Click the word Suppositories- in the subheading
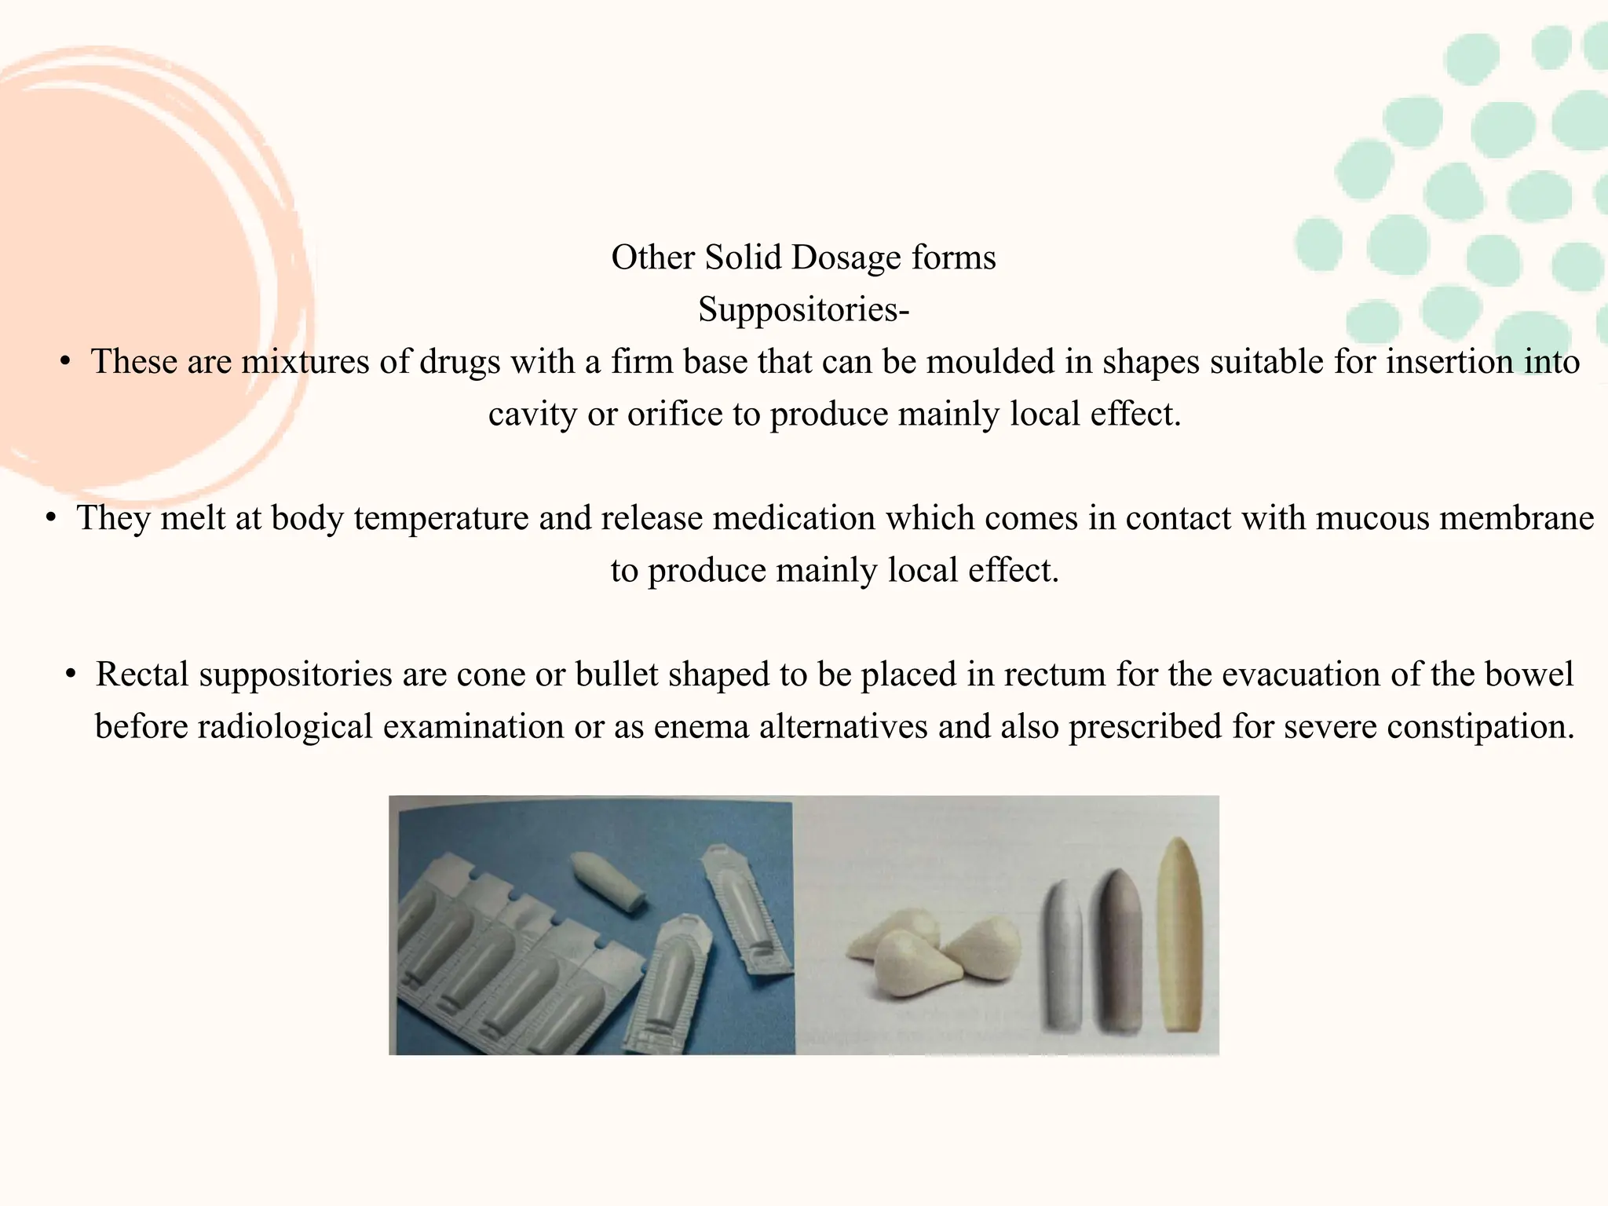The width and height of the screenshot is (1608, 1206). (x=803, y=309)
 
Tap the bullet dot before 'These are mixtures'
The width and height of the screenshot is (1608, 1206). (x=66, y=362)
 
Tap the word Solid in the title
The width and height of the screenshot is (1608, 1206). (x=742, y=258)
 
